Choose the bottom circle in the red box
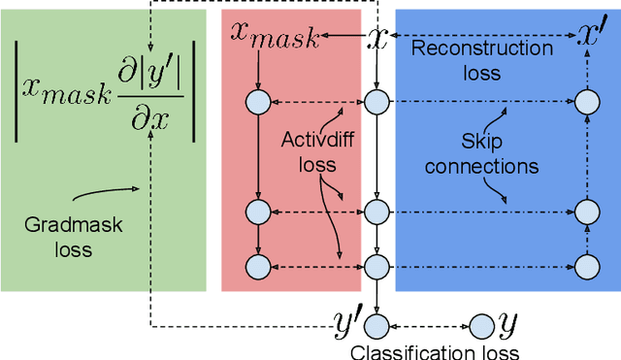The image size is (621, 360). tap(257, 265)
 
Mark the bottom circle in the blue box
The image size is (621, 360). tap(584, 265)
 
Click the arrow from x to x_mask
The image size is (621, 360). tap(341, 36)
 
